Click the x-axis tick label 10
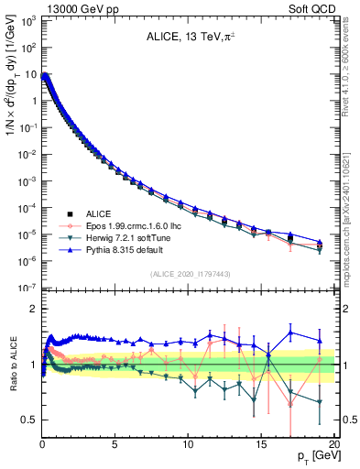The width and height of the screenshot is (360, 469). pos(188,444)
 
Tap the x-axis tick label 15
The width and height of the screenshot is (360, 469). pos(261,444)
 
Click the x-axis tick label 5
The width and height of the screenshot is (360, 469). pos(115,444)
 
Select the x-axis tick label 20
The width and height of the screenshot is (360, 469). pos(333,444)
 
